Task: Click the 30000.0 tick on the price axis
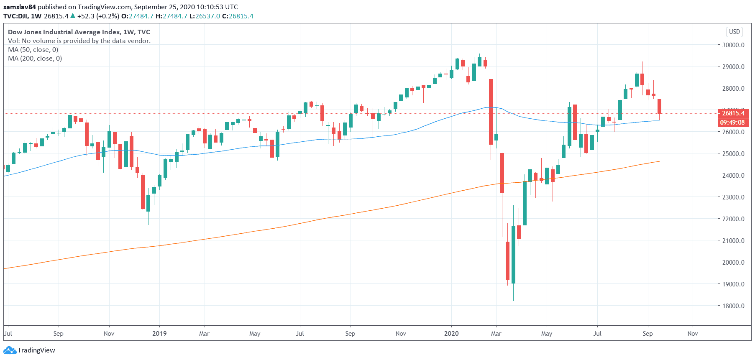point(733,45)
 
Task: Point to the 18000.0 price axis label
point(733,306)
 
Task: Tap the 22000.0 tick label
point(733,219)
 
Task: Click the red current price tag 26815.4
point(733,113)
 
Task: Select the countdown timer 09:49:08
point(732,123)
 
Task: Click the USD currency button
point(735,32)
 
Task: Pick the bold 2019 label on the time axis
point(159,334)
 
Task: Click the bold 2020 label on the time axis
point(451,334)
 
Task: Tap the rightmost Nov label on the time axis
point(693,334)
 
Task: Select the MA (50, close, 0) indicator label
point(33,50)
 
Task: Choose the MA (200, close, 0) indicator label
point(35,59)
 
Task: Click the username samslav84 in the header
point(20,7)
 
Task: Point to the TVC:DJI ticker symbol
point(15,16)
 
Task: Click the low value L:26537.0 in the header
point(205,16)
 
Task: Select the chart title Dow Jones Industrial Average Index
point(64,32)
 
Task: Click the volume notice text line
point(79,41)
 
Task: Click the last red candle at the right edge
point(659,106)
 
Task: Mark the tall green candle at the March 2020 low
point(513,255)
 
